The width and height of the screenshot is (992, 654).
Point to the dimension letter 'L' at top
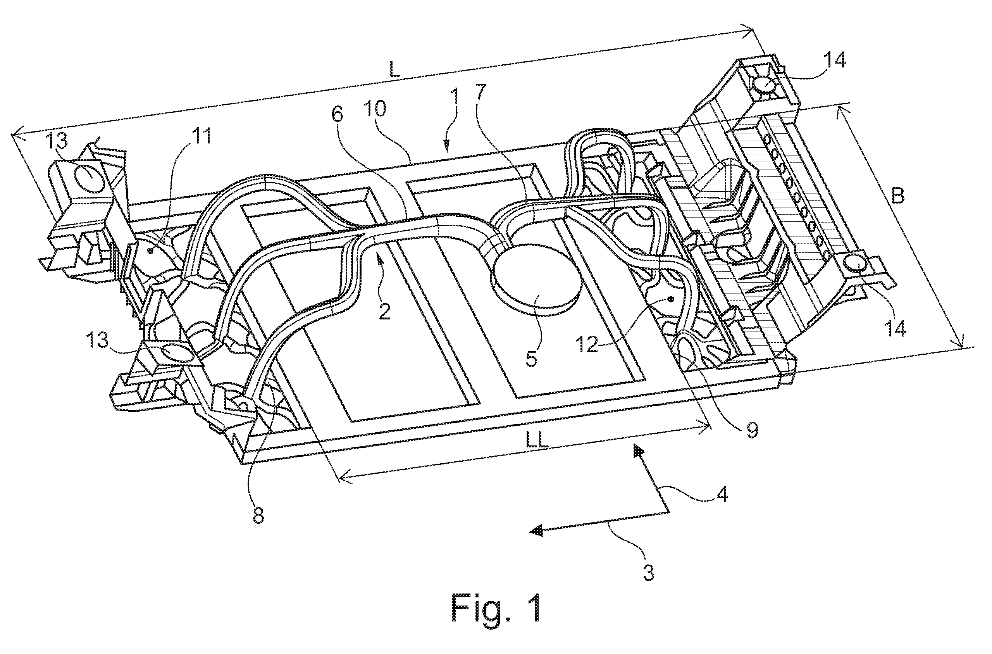tap(395, 70)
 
